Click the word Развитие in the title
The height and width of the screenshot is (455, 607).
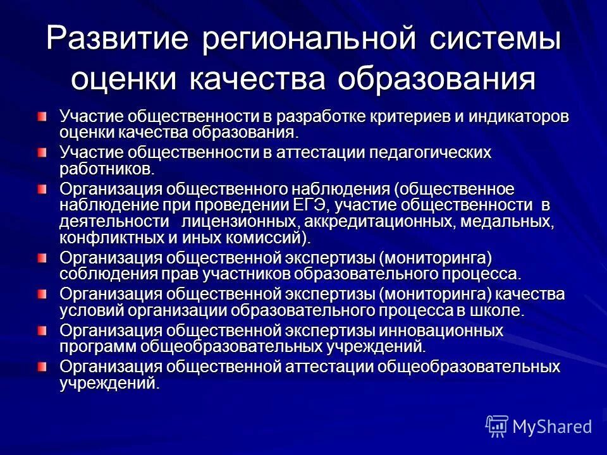click(x=117, y=39)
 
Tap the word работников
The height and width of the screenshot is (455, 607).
click(x=106, y=169)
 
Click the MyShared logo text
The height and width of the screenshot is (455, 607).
click(x=552, y=426)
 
